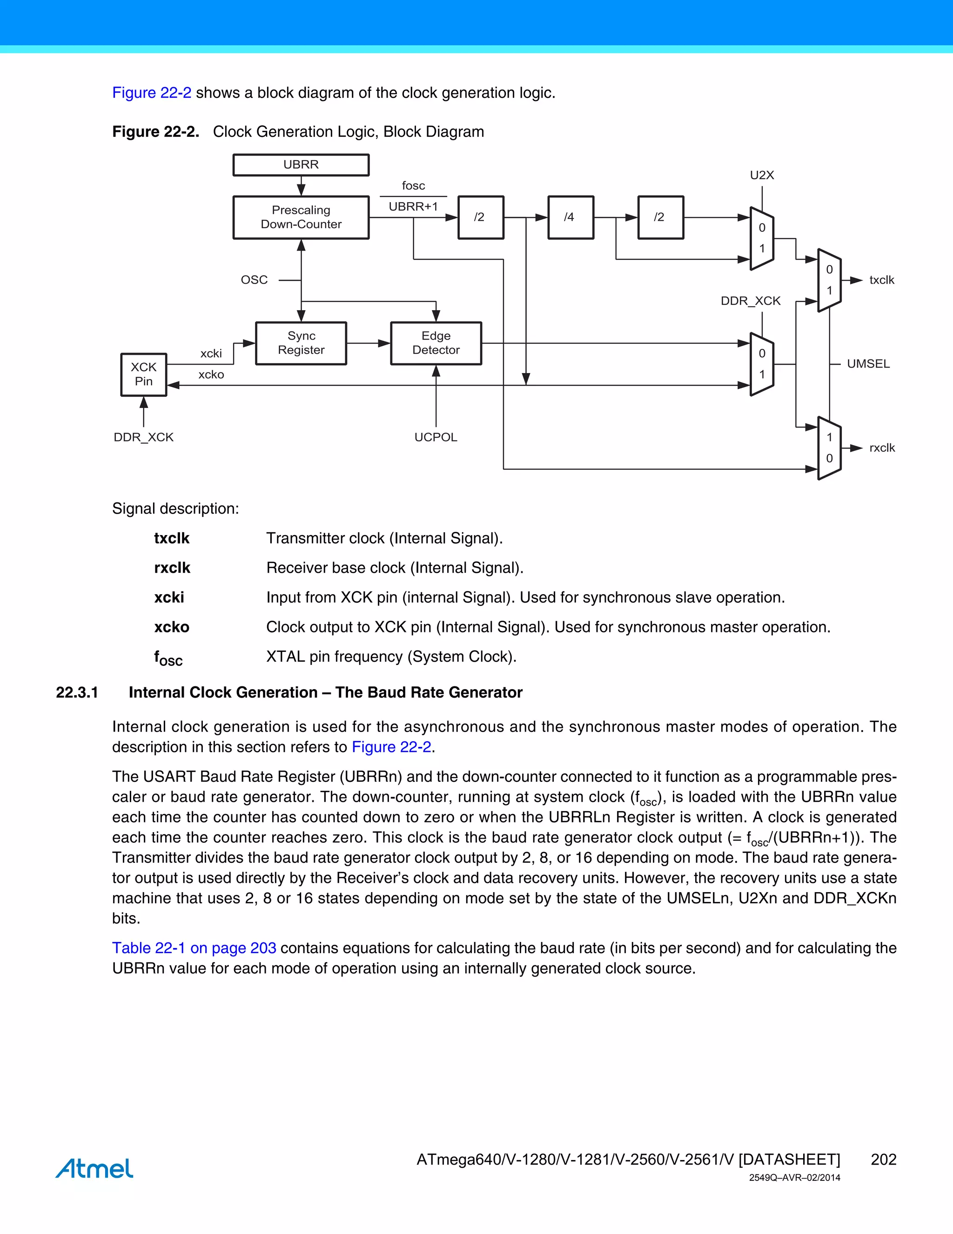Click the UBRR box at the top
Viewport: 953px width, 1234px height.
(x=301, y=165)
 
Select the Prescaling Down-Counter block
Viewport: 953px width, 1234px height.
(x=301, y=217)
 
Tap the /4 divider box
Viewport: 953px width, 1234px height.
(x=570, y=217)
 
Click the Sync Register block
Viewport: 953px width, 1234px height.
(x=301, y=343)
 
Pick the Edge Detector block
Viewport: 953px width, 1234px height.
(x=436, y=343)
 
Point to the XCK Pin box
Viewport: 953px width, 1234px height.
(x=143, y=374)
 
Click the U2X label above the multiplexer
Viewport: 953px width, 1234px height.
(x=762, y=175)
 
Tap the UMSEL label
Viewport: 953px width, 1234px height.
(x=868, y=364)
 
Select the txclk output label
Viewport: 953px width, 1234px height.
(x=881, y=280)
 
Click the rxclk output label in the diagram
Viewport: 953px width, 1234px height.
(x=882, y=448)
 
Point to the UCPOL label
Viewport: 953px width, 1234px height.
(x=435, y=437)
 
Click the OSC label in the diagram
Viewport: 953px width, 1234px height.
(x=254, y=280)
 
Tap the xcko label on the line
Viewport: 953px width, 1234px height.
(x=211, y=374)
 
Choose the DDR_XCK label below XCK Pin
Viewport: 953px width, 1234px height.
(x=143, y=437)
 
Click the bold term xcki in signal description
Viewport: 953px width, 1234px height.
(x=169, y=597)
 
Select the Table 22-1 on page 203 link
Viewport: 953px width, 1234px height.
(x=194, y=948)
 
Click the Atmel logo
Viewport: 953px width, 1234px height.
(x=94, y=1168)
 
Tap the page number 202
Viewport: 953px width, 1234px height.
(x=883, y=1159)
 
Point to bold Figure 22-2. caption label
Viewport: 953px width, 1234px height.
(x=155, y=132)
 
